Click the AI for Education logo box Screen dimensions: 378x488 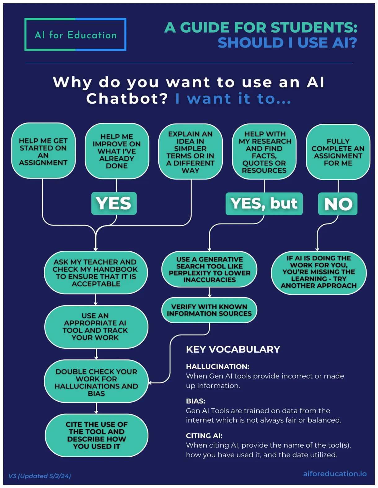(75, 34)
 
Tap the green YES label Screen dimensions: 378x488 (114, 204)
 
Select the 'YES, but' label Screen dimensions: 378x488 (264, 204)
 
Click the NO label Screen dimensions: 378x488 (338, 204)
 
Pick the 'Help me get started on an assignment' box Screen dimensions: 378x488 (43, 151)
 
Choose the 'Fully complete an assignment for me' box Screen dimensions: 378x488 (338, 152)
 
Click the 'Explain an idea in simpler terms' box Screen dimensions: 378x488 (190, 152)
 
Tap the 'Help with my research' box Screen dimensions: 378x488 (264, 152)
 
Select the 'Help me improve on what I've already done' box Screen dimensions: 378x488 (117, 151)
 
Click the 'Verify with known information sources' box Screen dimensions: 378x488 (209, 310)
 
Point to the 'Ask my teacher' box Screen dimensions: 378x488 (96, 272)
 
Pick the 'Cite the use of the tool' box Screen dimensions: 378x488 (97, 435)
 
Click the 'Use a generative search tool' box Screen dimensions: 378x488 (209, 269)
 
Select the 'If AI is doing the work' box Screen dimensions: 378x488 (319, 272)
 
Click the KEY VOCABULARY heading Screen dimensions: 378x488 (233, 349)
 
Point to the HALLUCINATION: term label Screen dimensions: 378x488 (218, 367)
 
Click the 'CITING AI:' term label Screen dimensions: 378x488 (204, 436)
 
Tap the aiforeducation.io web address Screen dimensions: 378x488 (335, 474)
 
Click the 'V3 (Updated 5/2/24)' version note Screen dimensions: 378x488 (40, 476)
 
